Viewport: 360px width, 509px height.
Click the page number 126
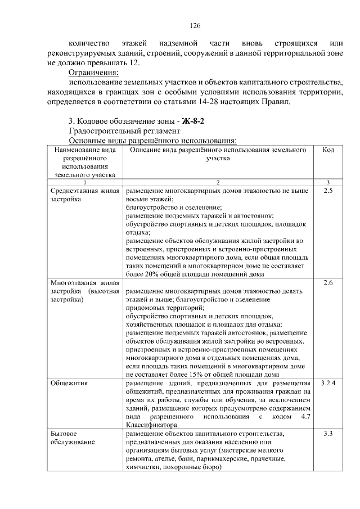[195, 26]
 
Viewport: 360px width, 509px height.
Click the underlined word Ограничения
[93, 73]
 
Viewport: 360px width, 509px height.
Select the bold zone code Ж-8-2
[191, 121]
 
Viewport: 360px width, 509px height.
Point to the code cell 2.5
[328, 192]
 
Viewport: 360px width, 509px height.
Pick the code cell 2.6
[328, 283]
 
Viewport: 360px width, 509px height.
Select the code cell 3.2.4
[328, 384]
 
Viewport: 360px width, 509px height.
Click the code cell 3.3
[328, 435]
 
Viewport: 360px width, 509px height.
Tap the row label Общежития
[67, 384]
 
